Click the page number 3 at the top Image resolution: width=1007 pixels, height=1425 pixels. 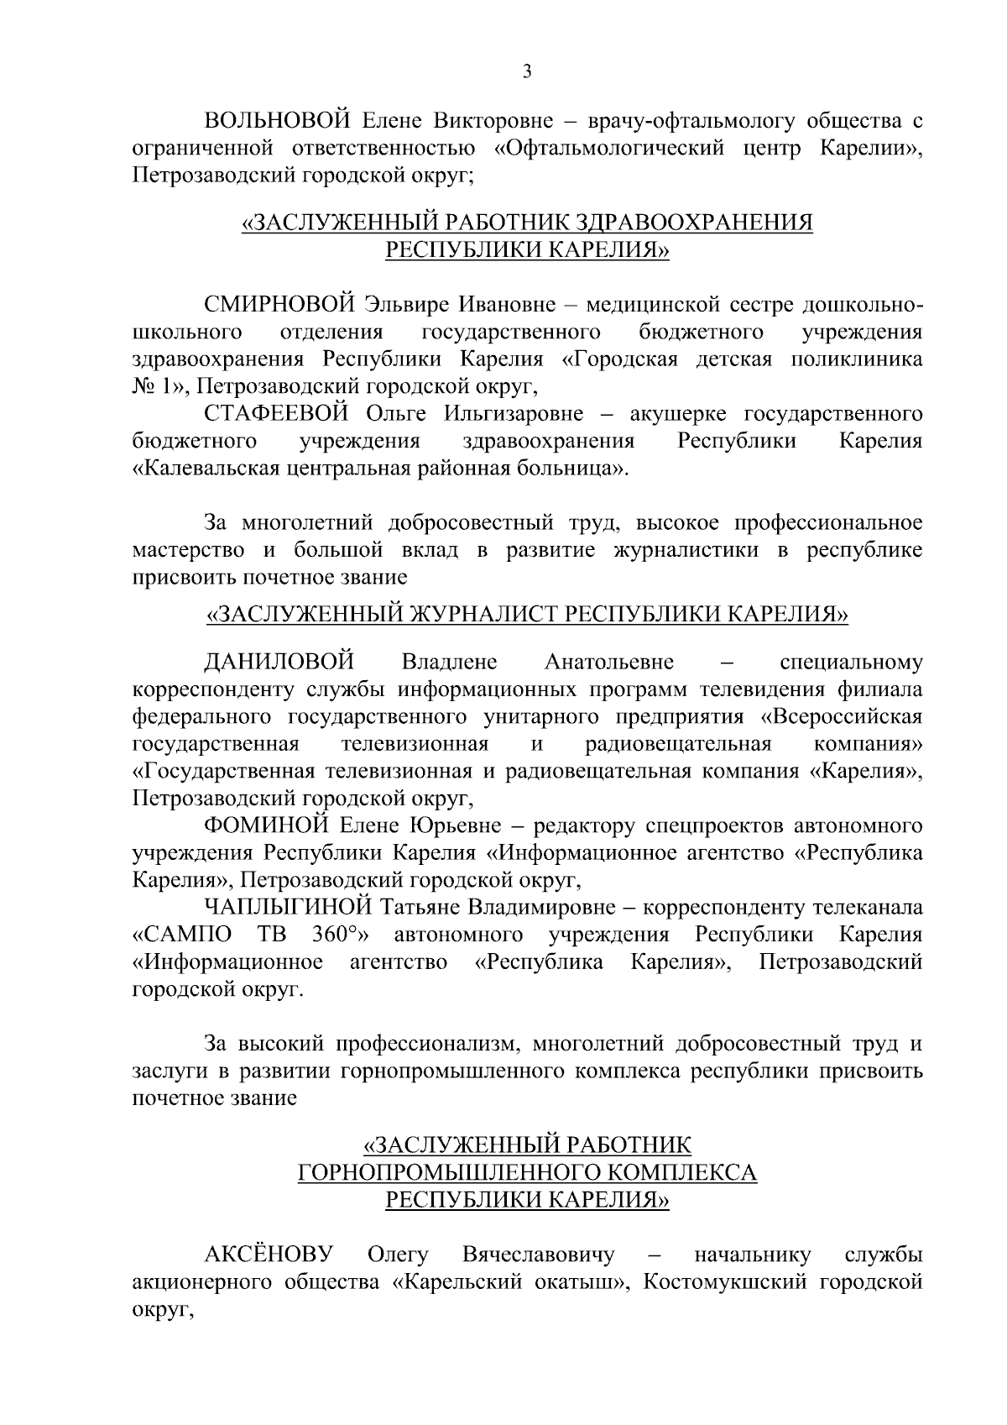pyautogui.click(x=527, y=72)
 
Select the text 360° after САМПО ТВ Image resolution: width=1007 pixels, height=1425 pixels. pyautogui.click(x=342, y=935)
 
